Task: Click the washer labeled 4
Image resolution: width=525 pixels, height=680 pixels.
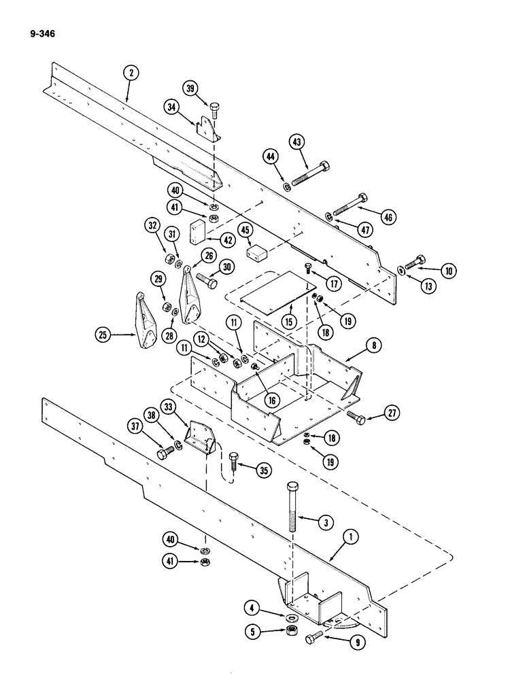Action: pyautogui.click(x=292, y=617)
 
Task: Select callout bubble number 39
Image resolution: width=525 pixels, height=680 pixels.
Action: pyautogui.click(x=192, y=88)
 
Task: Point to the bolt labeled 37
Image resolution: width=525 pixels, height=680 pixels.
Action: pyautogui.click(x=165, y=452)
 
